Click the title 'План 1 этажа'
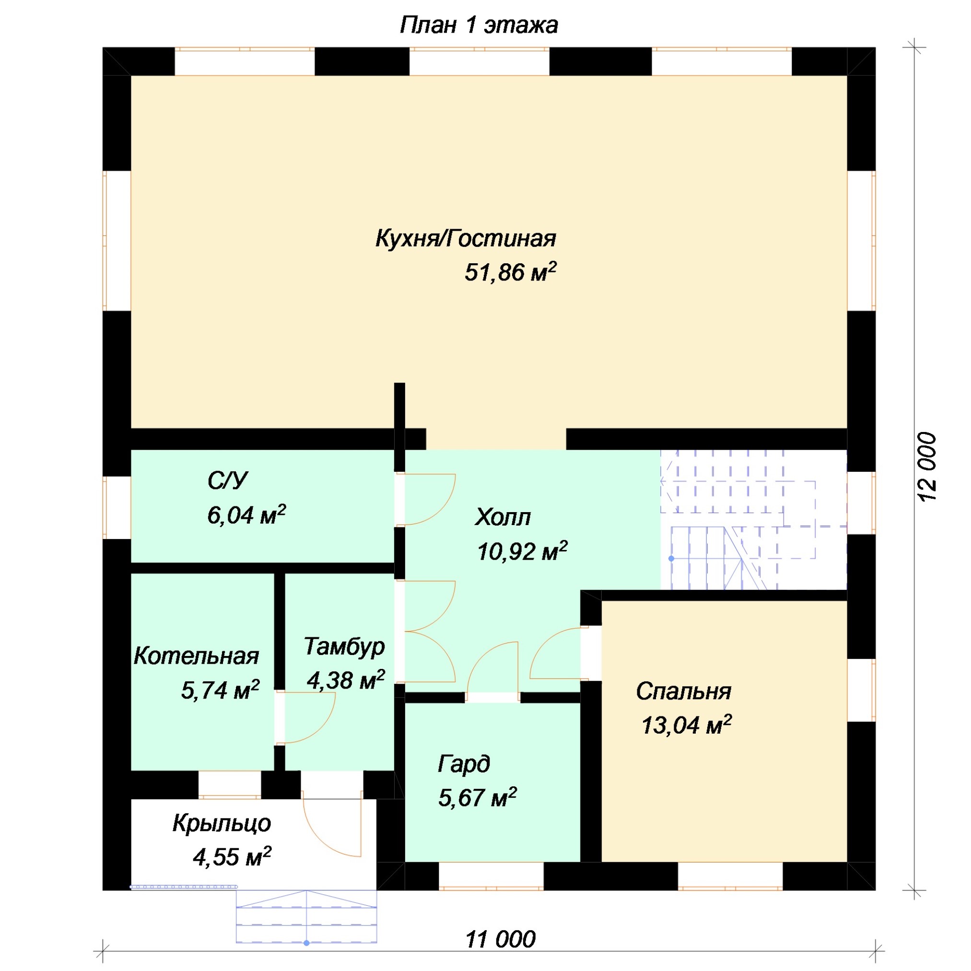pos(479,25)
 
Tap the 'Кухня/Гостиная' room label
pos(466,239)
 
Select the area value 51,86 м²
pos(511,271)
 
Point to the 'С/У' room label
pos(228,480)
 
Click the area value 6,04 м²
pos(246,515)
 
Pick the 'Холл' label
pos(503,517)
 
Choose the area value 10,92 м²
pos(522,551)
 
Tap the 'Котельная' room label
pos(196,656)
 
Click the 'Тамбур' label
pos(344,647)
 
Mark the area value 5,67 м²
pos(478,797)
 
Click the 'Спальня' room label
pos(683,692)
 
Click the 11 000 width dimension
pos(501,939)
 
